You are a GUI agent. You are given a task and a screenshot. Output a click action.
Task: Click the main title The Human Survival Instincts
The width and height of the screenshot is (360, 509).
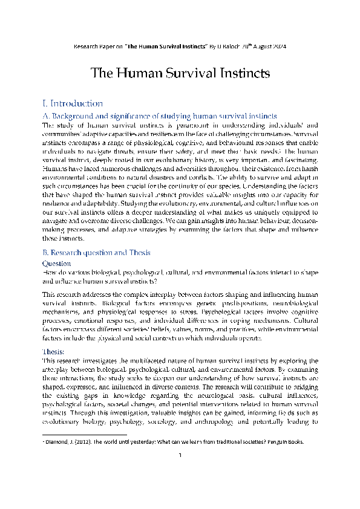pyautogui.click(x=180, y=74)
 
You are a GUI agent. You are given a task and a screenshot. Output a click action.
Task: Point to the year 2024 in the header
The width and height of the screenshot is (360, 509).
pyautogui.click(x=284, y=46)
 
